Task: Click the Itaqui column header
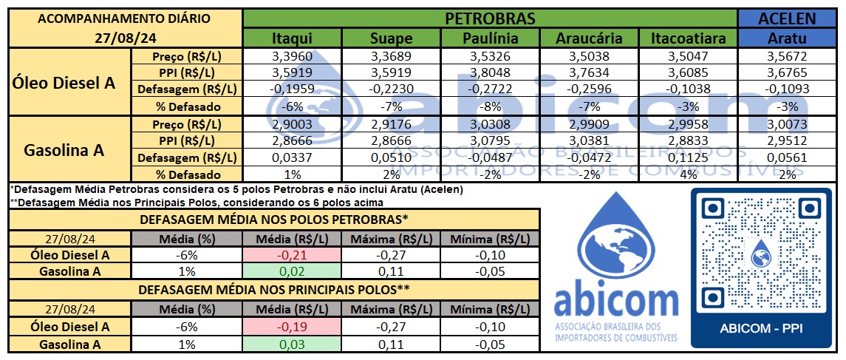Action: tap(292, 38)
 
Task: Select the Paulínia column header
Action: tap(490, 38)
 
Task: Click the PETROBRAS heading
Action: tap(490, 18)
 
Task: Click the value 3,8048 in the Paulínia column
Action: tap(490, 73)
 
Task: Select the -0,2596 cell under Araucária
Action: tap(589, 89)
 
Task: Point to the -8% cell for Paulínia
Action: tap(490, 106)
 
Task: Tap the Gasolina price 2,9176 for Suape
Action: tap(391, 123)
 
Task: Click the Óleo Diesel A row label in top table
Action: tap(65, 81)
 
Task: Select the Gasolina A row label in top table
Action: tap(65, 149)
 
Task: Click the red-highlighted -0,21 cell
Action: tap(292, 255)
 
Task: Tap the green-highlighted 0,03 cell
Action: tap(292, 344)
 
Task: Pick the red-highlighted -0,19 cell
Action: tap(292, 327)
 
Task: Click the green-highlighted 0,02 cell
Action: tap(292, 272)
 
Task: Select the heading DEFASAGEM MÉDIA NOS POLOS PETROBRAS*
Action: tap(274, 219)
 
